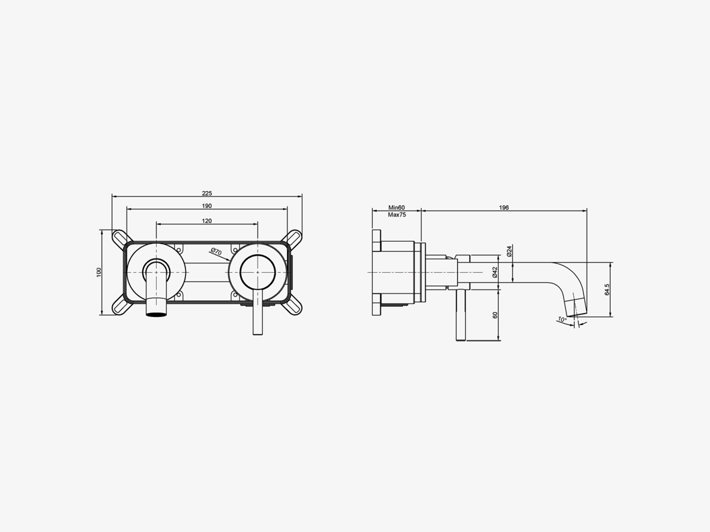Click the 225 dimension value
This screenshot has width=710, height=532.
click(207, 193)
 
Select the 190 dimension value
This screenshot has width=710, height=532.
click(207, 206)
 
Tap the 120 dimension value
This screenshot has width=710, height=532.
click(207, 220)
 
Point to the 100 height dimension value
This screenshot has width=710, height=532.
click(99, 272)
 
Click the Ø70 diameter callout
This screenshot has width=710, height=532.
click(216, 252)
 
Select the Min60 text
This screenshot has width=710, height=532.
click(397, 208)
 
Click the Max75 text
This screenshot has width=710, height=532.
click(397, 214)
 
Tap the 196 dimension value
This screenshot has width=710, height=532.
click(504, 208)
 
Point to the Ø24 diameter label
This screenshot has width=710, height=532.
click(509, 251)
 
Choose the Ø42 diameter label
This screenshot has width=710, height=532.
click(495, 272)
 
